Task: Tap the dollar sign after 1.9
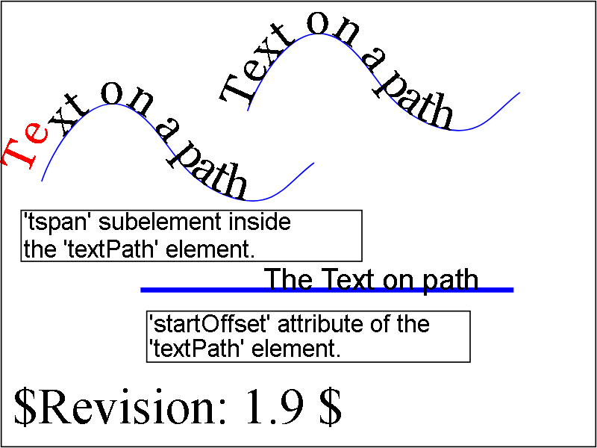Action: point(330,408)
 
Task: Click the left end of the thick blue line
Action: point(141,290)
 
